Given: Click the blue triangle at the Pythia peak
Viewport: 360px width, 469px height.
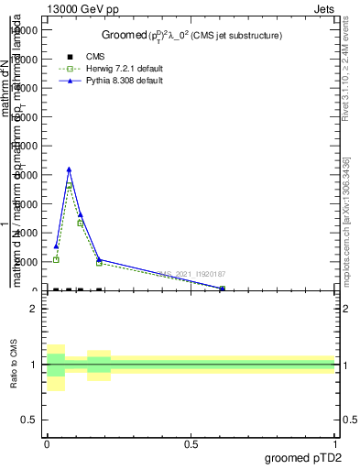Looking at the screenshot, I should [69, 169].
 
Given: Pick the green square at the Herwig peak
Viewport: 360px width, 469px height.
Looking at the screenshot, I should [69, 187].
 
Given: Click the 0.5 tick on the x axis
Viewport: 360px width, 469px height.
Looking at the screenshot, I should [191, 443].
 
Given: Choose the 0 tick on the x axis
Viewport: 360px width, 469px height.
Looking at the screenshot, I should [47, 443].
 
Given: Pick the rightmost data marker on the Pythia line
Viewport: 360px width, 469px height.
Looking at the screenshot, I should [222, 288].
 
